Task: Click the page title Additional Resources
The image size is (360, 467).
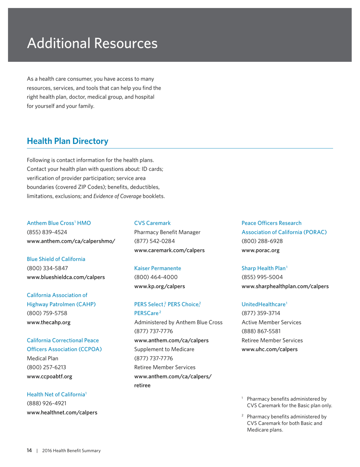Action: coord(92,43)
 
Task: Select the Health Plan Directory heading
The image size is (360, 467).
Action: coord(67,141)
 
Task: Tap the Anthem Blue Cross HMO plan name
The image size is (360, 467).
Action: coord(59,223)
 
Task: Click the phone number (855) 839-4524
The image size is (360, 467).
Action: coord(47,232)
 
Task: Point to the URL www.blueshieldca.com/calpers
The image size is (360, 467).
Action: coord(66,277)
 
